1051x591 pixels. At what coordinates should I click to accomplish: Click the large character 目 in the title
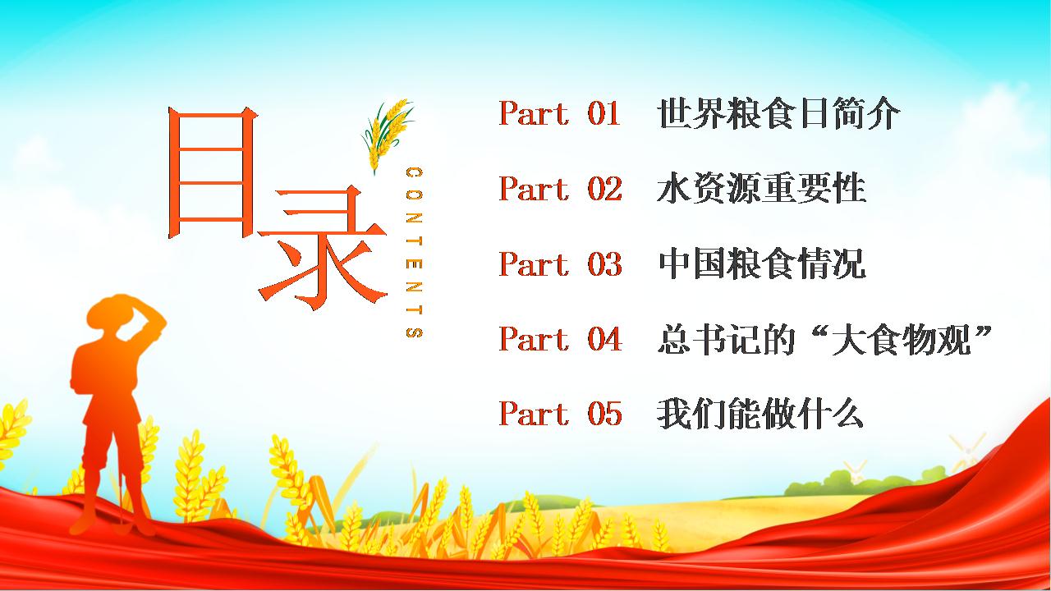(212, 172)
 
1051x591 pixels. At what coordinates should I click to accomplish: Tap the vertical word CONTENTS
(415, 252)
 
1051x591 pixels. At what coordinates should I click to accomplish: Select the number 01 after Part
(604, 113)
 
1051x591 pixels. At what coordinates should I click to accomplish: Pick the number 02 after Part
(604, 189)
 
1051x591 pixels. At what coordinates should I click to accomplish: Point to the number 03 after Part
(604, 263)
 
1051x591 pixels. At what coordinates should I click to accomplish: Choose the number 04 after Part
(604, 339)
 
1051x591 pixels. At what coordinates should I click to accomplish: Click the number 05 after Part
(604, 414)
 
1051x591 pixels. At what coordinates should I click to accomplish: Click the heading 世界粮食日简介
(778, 113)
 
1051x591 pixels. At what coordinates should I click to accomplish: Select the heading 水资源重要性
(761, 188)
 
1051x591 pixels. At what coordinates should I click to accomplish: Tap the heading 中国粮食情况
(761, 263)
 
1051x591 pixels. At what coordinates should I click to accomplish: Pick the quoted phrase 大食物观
(901, 339)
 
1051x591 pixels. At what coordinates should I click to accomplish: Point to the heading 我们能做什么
(760, 413)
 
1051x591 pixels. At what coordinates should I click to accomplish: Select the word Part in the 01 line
(534, 113)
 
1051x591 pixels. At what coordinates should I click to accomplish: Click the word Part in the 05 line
(534, 414)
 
